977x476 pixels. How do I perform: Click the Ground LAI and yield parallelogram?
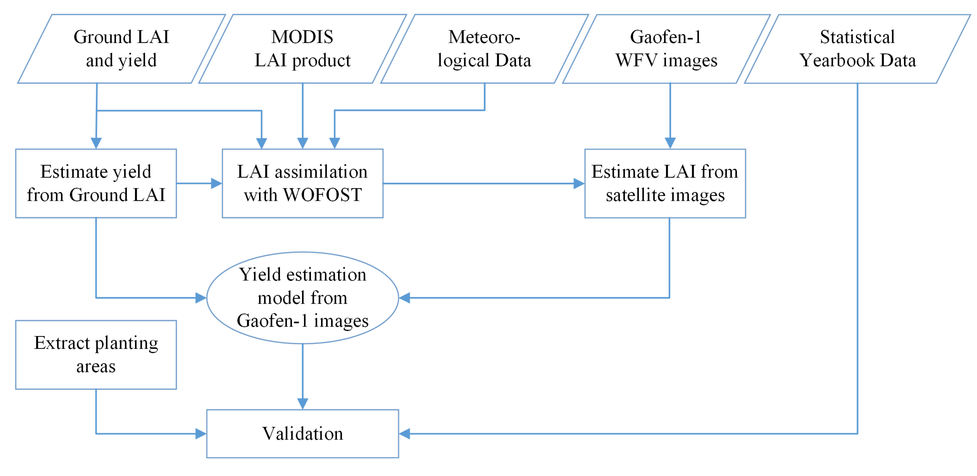coord(121,49)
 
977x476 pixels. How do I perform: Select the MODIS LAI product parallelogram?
coord(302,49)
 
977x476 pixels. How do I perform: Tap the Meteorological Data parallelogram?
coord(484,49)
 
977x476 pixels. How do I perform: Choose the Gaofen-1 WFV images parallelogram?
coord(666,49)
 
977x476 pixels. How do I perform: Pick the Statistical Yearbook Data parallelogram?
coord(857,49)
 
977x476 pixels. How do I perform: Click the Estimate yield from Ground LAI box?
coord(96,183)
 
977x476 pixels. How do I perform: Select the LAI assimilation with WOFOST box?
coord(302,183)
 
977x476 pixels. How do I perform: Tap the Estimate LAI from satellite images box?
coord(665,183)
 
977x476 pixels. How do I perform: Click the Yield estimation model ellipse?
coord(302,297)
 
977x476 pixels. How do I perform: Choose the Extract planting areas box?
coord(96,354)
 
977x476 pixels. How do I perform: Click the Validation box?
coord(302,434)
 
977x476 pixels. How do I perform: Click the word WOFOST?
coord(322,195)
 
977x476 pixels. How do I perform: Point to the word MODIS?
coord(302,37)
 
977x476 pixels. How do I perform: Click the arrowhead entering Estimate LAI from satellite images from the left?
coord(579,183)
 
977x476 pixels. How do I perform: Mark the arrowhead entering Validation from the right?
coord(405,434)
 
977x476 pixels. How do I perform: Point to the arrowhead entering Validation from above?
coord(302,404)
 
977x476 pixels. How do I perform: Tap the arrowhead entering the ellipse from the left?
coord(201,297)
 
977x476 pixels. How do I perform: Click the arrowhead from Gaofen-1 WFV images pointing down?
coord(670,143)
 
